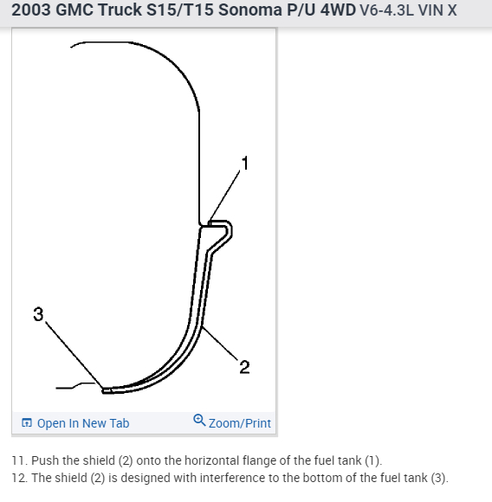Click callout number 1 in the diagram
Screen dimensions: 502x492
click(245, 162)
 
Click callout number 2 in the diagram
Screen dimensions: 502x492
click(244, 368)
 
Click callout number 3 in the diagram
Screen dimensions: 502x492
click(37, 314)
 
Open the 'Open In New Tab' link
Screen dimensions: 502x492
click(83, 423)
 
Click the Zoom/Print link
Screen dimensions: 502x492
click(240, 423)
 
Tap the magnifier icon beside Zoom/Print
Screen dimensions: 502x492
click(200, 422)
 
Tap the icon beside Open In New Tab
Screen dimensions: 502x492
click(27, 423)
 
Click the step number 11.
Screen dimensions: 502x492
click(17, 460)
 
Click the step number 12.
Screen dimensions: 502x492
click(17, 478)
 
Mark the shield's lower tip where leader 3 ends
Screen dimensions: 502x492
click(106, 390)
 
